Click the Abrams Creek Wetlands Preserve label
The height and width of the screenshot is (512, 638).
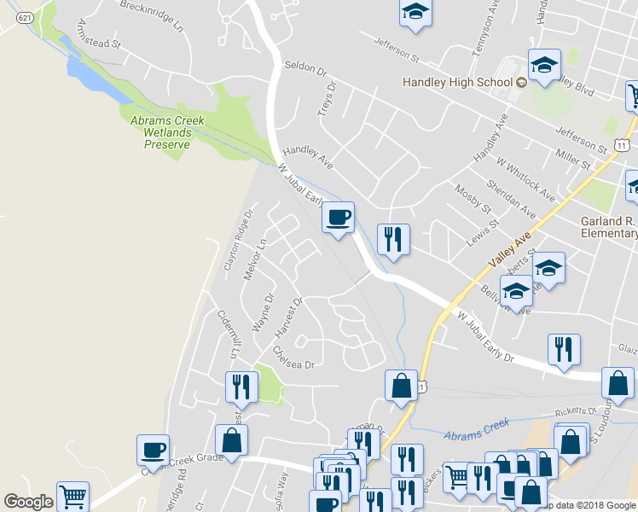[167, 132]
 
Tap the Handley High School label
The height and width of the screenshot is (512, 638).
[458, 83]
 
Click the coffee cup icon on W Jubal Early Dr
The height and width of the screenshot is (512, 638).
[339, 218]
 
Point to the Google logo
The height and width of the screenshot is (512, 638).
[28, 502]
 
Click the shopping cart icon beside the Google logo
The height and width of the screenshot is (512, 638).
[72, 496]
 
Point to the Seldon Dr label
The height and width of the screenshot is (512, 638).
[305, 66]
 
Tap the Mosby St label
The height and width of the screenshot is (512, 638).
[473, 201]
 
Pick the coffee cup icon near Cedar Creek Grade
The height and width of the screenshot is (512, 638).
[154, 449]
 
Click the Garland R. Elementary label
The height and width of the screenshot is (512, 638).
[608, 226]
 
